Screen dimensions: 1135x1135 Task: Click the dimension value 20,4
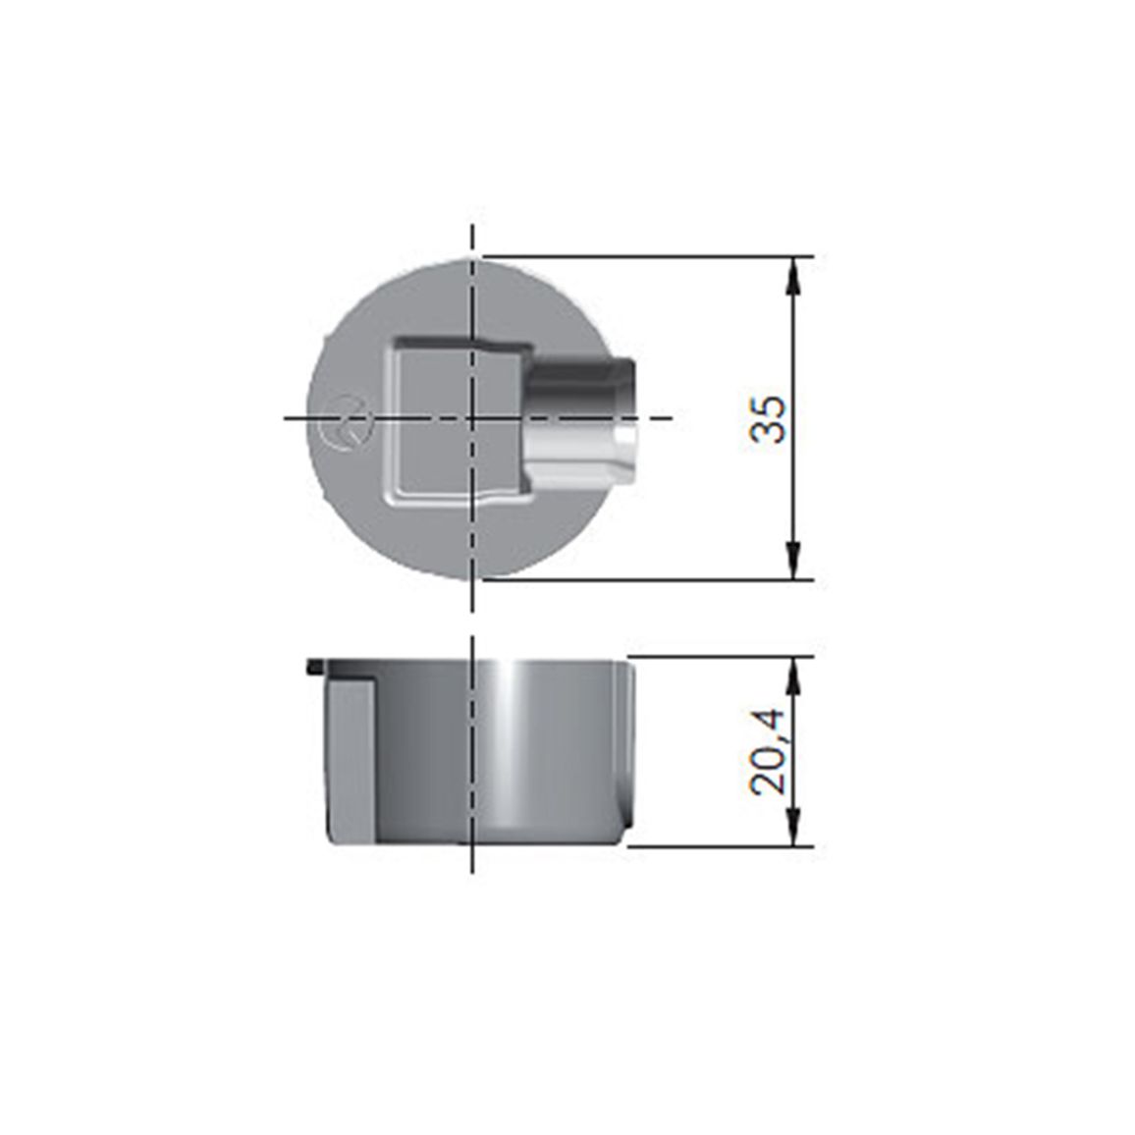(x=767, y=752)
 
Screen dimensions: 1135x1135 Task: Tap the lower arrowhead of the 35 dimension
(x=794, y=559)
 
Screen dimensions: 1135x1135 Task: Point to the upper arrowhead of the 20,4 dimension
(x=794, y=676)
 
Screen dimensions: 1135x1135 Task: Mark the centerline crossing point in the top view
(x=472, y=418)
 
